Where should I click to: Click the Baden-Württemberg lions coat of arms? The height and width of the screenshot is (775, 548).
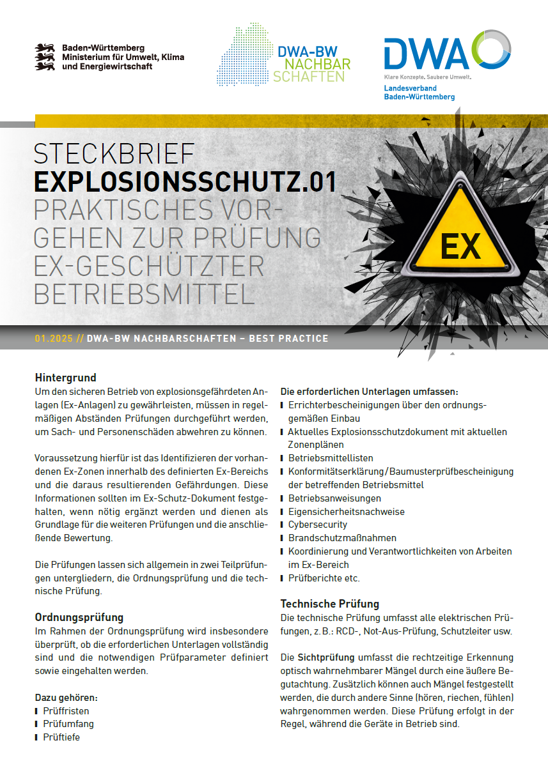click(x=45, y=57)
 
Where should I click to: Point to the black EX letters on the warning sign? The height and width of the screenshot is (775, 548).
click(x=460, y=246)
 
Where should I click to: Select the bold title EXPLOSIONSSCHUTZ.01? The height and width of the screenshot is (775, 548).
click(x=185, y=181)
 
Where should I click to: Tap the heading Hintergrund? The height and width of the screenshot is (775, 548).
click(x=65, y=378)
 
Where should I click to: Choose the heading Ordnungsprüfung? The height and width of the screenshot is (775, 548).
click(x=79, y=617)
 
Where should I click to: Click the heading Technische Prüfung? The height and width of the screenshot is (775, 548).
click(x=330, y=604)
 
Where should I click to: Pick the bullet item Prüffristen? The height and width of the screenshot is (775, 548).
click(x=66, y=710)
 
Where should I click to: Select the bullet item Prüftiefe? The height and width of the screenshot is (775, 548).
click(x=61, y=737)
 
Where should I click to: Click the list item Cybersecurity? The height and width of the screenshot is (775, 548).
click(x=318, y=525)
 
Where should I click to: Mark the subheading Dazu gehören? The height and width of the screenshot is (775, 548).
click(x=66, y=697)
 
